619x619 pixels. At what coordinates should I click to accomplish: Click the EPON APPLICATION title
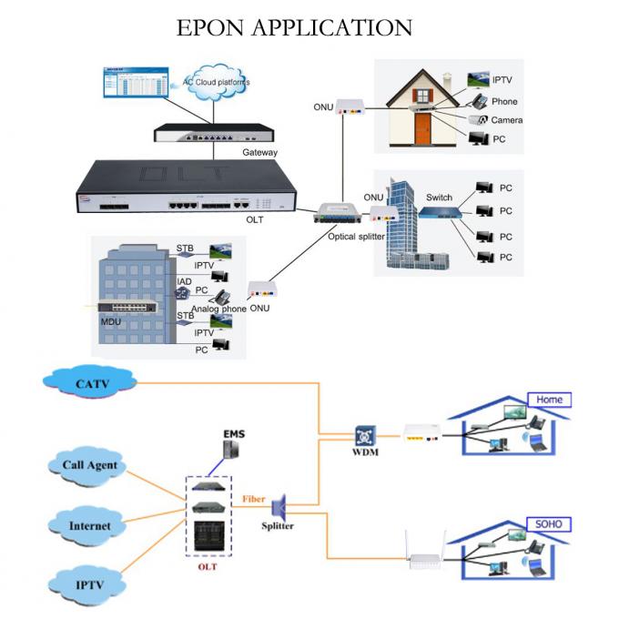pyautogui.click(x=293, y=27)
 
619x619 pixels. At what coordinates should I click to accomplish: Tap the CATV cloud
pyautogui.click(x=91, y=382)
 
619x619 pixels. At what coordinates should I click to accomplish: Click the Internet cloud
pyautogui.click(x=89, y=525)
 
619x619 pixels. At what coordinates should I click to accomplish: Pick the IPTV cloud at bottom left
pyautogui.click(x=89, y=582)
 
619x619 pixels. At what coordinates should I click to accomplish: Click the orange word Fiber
pyautogui.click(x=253, y=499)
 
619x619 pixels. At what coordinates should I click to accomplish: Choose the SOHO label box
pyautogui.click(x=549, y=524)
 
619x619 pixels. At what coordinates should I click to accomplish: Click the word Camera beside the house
pyautogui.click(x=507, y=120)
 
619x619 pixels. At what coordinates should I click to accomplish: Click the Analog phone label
pyautogui.click(x=218, y=309)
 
